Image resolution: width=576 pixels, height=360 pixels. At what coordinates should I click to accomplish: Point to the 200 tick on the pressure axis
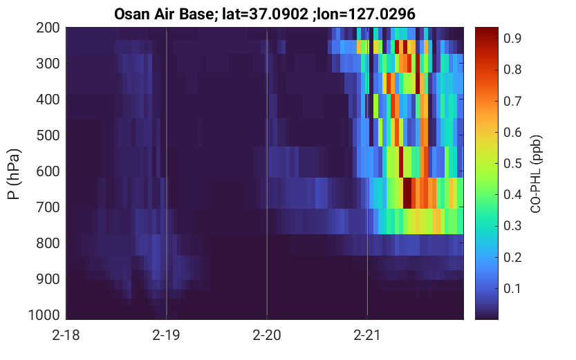pos(48,28)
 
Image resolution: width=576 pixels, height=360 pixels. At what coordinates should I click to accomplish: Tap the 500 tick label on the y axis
pos(48,135)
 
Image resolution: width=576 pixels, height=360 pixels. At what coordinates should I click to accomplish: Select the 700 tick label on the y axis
pos(48,207)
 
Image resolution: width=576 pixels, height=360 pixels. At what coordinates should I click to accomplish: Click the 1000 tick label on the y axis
pos(44,315)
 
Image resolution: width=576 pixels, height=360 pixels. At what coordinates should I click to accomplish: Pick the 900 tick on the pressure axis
pos(48,279)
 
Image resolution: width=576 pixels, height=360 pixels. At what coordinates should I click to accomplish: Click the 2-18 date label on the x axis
pos(66,335)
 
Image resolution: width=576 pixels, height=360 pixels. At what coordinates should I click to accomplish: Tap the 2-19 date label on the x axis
pos(167,335)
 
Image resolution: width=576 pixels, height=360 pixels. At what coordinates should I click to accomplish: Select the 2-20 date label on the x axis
pos(267,335)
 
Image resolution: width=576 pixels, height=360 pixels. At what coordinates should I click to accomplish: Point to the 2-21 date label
pos(367,335)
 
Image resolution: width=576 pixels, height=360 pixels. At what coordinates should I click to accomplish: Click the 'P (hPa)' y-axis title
pos(14,174)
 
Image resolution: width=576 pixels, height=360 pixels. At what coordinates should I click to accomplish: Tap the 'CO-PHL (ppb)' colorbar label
pos(536,174)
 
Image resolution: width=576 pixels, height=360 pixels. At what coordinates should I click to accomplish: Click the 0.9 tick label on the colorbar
pos(512,38)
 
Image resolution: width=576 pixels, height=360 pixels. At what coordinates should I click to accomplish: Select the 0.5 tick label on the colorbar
pos(512,163)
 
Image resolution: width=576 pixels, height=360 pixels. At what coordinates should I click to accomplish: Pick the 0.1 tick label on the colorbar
pos(512,288)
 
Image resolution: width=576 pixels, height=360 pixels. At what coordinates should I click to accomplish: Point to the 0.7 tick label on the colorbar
pos(512,101)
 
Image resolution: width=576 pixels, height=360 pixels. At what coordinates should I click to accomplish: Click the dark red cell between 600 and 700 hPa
pos(407,193)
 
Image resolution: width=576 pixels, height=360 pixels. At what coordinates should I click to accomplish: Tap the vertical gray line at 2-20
pos(267,173)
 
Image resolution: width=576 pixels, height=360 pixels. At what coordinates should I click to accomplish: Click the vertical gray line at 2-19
pos(167,173)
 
